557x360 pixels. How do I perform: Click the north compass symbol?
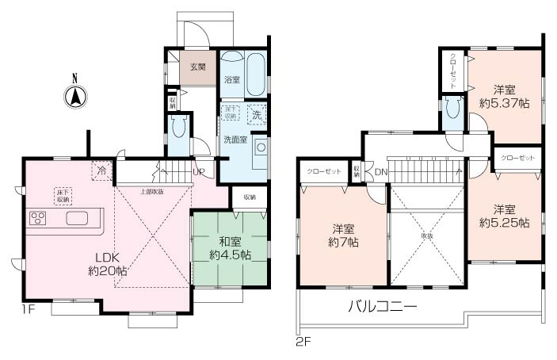tap(74, 97)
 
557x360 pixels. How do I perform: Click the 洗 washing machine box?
tap(256, 114)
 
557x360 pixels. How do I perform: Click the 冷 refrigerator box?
tap(101, 170)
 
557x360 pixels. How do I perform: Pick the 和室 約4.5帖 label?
tap(230, 249)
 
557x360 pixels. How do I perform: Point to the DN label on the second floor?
tap(380, 172)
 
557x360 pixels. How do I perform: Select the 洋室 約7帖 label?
tap(344, 236)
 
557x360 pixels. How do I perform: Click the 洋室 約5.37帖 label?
tap(505, 95)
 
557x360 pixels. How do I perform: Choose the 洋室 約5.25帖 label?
tap(505, 216)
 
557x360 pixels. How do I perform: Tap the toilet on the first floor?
tap(177, 128)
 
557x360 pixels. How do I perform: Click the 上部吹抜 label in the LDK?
tap(153, 191)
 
